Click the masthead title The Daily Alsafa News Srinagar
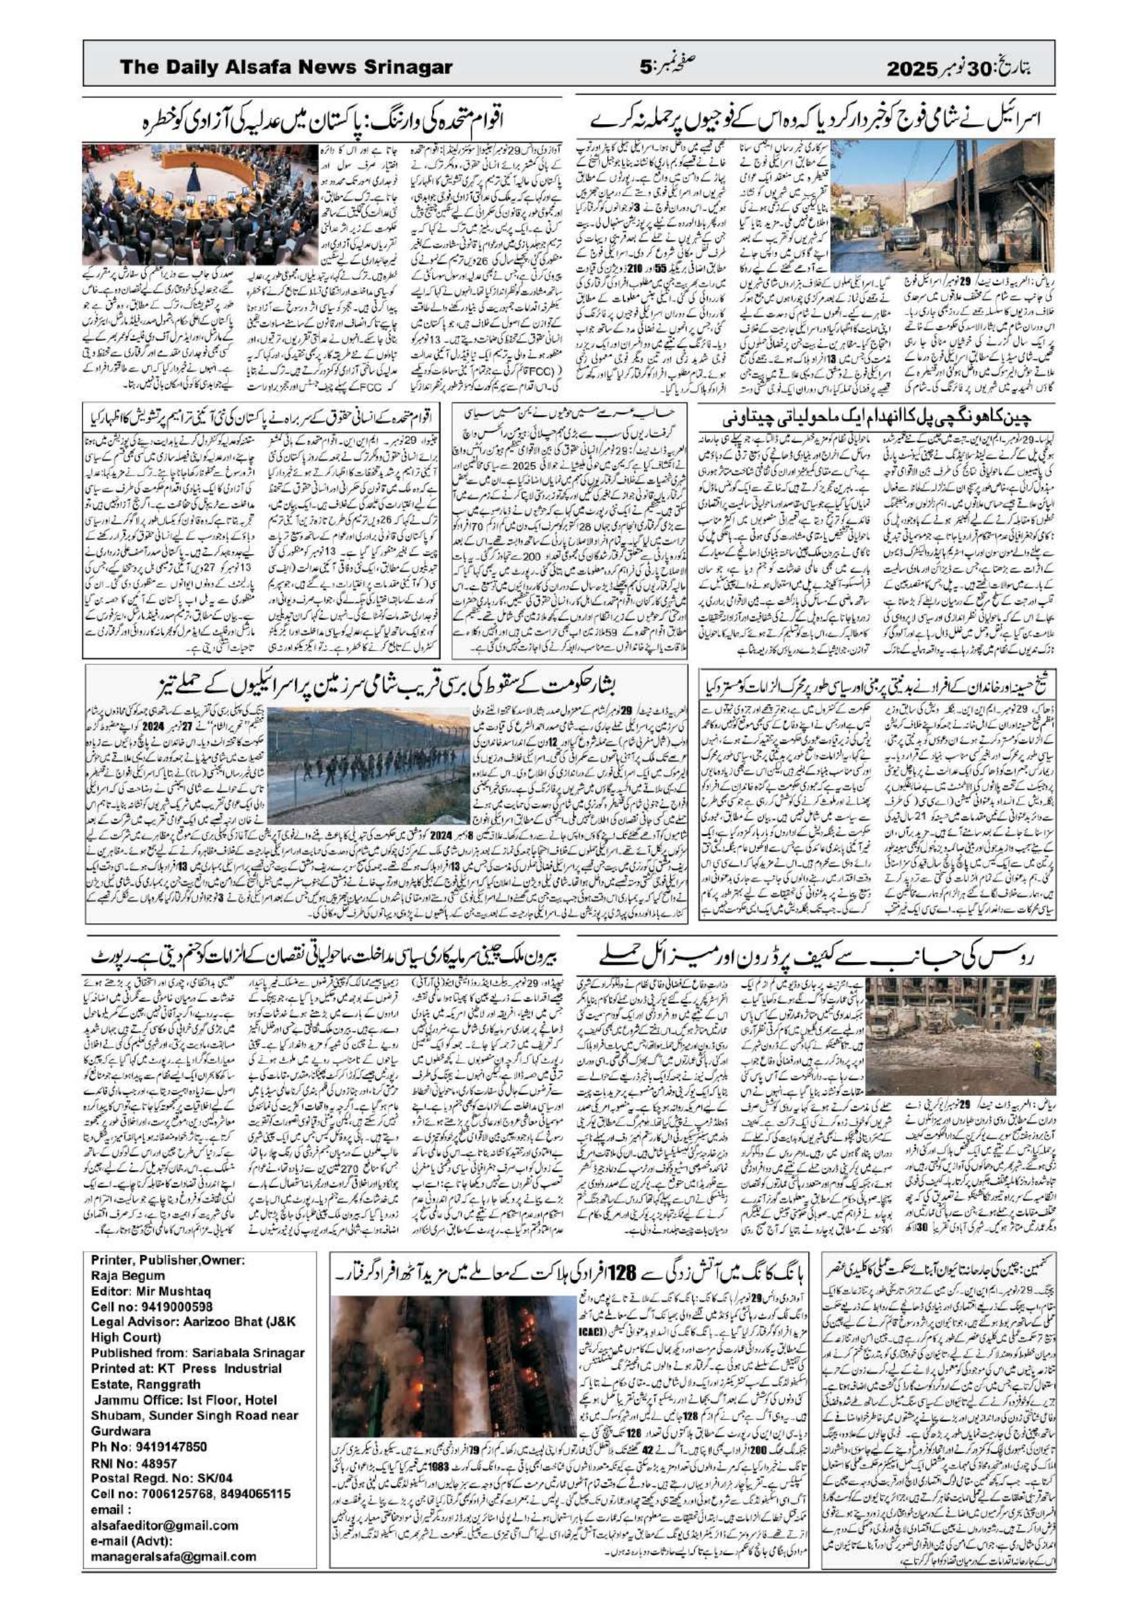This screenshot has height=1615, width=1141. [286, 67]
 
